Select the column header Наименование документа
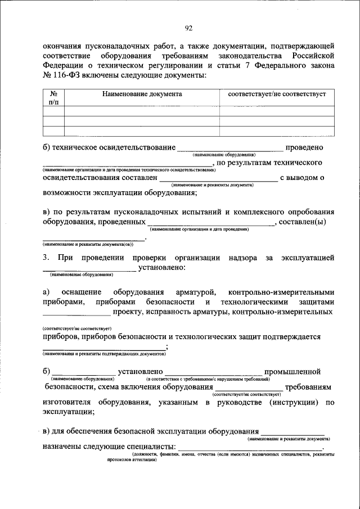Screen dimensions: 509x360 click(x=142, y=94)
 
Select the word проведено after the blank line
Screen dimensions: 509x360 click(x=304, y=148)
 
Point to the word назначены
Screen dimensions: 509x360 click(x=61, y=447)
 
